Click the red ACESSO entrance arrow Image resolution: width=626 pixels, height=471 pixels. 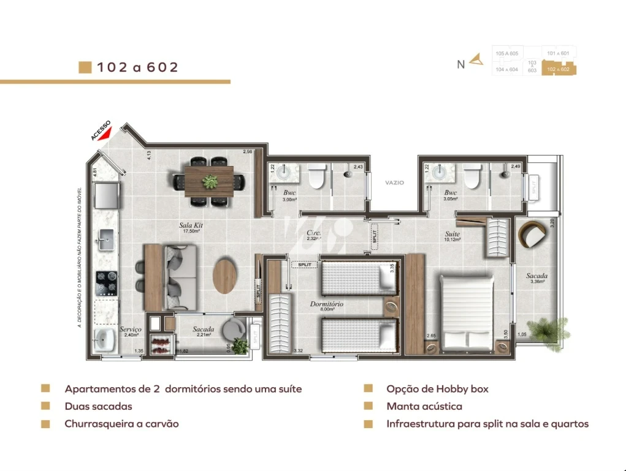[106, 133]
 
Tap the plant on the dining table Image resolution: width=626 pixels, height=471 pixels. [210, 181]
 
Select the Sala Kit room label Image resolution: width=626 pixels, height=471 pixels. [191, 225]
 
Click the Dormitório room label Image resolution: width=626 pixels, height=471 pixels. [326, 304]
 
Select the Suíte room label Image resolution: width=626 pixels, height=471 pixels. [452, 234]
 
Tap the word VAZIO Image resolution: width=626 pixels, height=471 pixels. [394, 183]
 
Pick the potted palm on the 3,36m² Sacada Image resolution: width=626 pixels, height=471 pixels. [543, 330]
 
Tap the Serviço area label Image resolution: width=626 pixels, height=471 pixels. [131, 330]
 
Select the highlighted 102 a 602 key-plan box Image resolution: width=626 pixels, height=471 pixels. [558, 69]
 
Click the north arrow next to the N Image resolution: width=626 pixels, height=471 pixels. [476, 60]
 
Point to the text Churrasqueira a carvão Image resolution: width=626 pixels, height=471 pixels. [121, 424]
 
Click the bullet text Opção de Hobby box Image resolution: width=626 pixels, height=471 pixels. [437, 389]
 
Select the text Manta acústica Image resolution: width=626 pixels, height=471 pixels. [424, 406]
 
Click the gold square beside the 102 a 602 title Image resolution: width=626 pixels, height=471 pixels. [85, 67]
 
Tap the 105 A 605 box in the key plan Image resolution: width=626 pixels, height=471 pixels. [507, 54]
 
